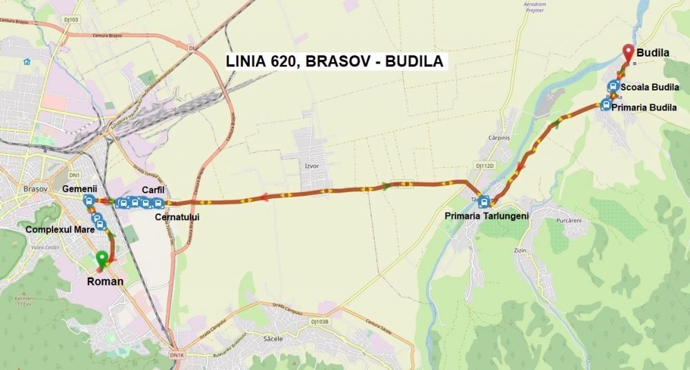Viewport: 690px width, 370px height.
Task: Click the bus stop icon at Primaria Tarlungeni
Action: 484,202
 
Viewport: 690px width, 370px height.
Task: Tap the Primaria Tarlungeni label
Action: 486,216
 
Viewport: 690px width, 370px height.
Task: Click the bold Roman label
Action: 105,282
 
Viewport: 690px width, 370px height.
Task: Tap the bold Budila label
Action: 653,52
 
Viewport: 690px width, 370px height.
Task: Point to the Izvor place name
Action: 312,166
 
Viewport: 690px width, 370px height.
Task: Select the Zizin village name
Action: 519,249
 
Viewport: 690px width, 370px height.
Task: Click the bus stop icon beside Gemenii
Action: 89,201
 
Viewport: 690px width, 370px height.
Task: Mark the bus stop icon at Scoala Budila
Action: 612,87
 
